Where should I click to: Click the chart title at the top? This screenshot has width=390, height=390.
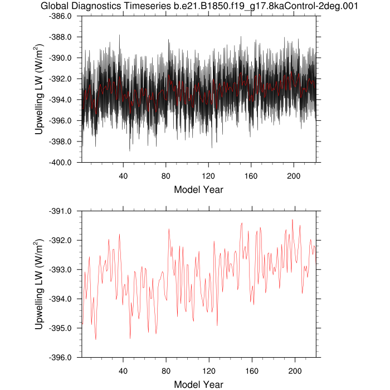[x=199, y=6]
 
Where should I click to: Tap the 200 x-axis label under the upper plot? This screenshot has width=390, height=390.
[x=294, y=175]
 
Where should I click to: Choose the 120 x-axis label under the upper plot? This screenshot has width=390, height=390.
[x=208, y=175]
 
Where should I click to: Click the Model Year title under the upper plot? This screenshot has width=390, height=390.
[x=199, y=189]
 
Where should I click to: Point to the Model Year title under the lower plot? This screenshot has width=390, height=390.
[x=199, y=384]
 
